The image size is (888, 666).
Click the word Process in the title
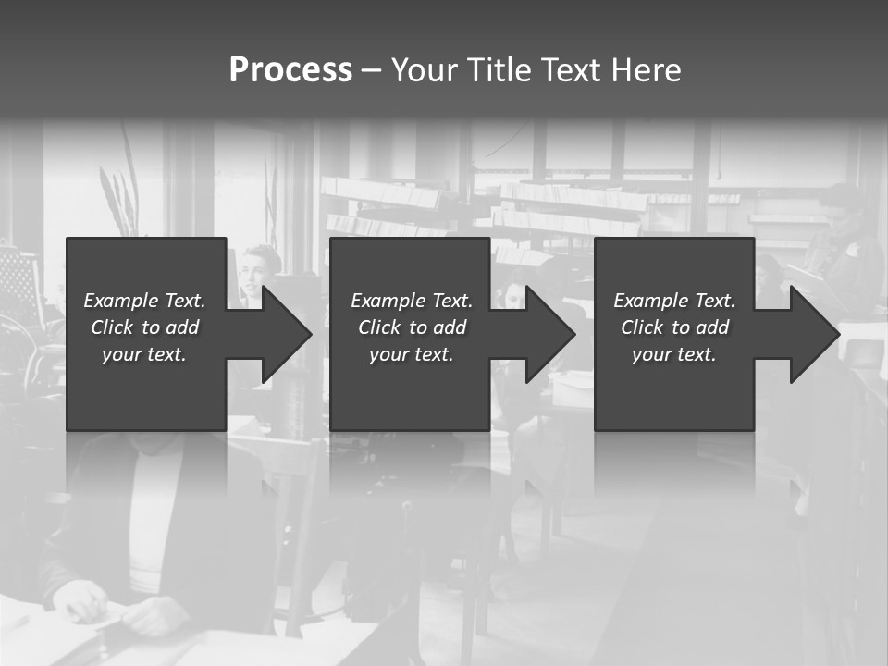coord(290,70)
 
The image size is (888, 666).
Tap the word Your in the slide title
coord(426,70)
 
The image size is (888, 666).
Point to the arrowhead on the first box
coord(283,334)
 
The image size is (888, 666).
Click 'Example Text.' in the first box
coord(144,301)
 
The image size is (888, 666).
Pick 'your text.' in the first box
coord(144,354)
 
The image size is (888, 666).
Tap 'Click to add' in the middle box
coord(412,327)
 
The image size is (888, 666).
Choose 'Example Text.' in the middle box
coord(412,301)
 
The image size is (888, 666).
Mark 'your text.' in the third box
coord(674,354)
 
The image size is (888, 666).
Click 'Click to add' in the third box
coord(674,327)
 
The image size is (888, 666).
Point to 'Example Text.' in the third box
coord(674,301)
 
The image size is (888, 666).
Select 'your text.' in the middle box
coord(412,354)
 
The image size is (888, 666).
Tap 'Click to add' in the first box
coord(144,327)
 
